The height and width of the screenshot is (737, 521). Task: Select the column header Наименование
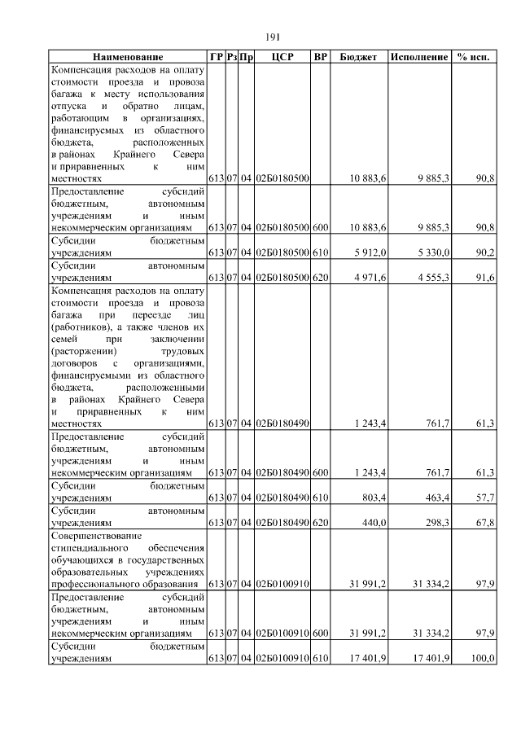point(128,58)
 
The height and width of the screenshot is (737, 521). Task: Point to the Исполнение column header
point(419,58)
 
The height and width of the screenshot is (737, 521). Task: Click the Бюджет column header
point(359,58)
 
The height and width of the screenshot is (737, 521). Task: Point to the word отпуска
point(68,107)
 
